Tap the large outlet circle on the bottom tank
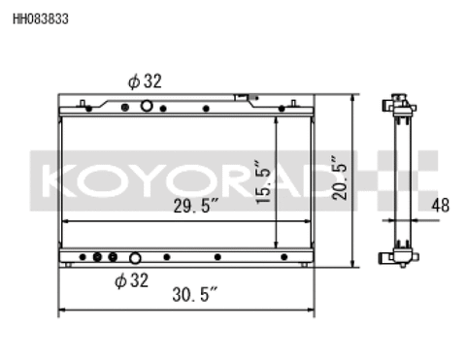pyautogui.click(x=135, y=258)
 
